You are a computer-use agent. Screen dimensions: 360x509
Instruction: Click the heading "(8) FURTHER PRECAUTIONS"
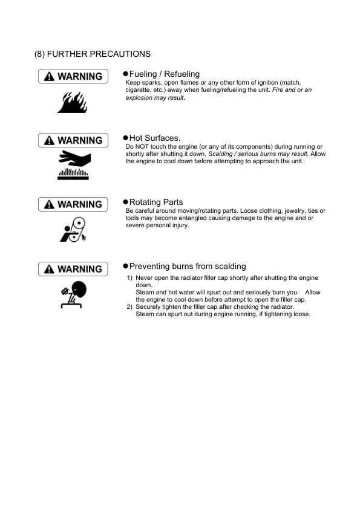[93, 54]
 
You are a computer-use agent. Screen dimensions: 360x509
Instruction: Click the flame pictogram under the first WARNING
[72, 102]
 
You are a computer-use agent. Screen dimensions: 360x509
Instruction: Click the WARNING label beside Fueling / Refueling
[73, 76]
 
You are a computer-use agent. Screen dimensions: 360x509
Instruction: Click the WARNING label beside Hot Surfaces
[73, 140]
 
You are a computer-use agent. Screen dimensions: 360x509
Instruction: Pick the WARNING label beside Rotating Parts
[73, 204]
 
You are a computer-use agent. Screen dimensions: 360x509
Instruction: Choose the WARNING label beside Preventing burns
[73, 268]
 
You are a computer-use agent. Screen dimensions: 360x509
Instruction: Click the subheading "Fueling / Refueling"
[164, 74]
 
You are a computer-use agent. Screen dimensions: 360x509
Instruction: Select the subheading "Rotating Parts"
[156, 202]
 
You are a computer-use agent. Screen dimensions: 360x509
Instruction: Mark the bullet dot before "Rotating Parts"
[125, 202]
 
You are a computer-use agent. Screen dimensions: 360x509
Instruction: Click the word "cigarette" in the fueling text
[138, 89]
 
